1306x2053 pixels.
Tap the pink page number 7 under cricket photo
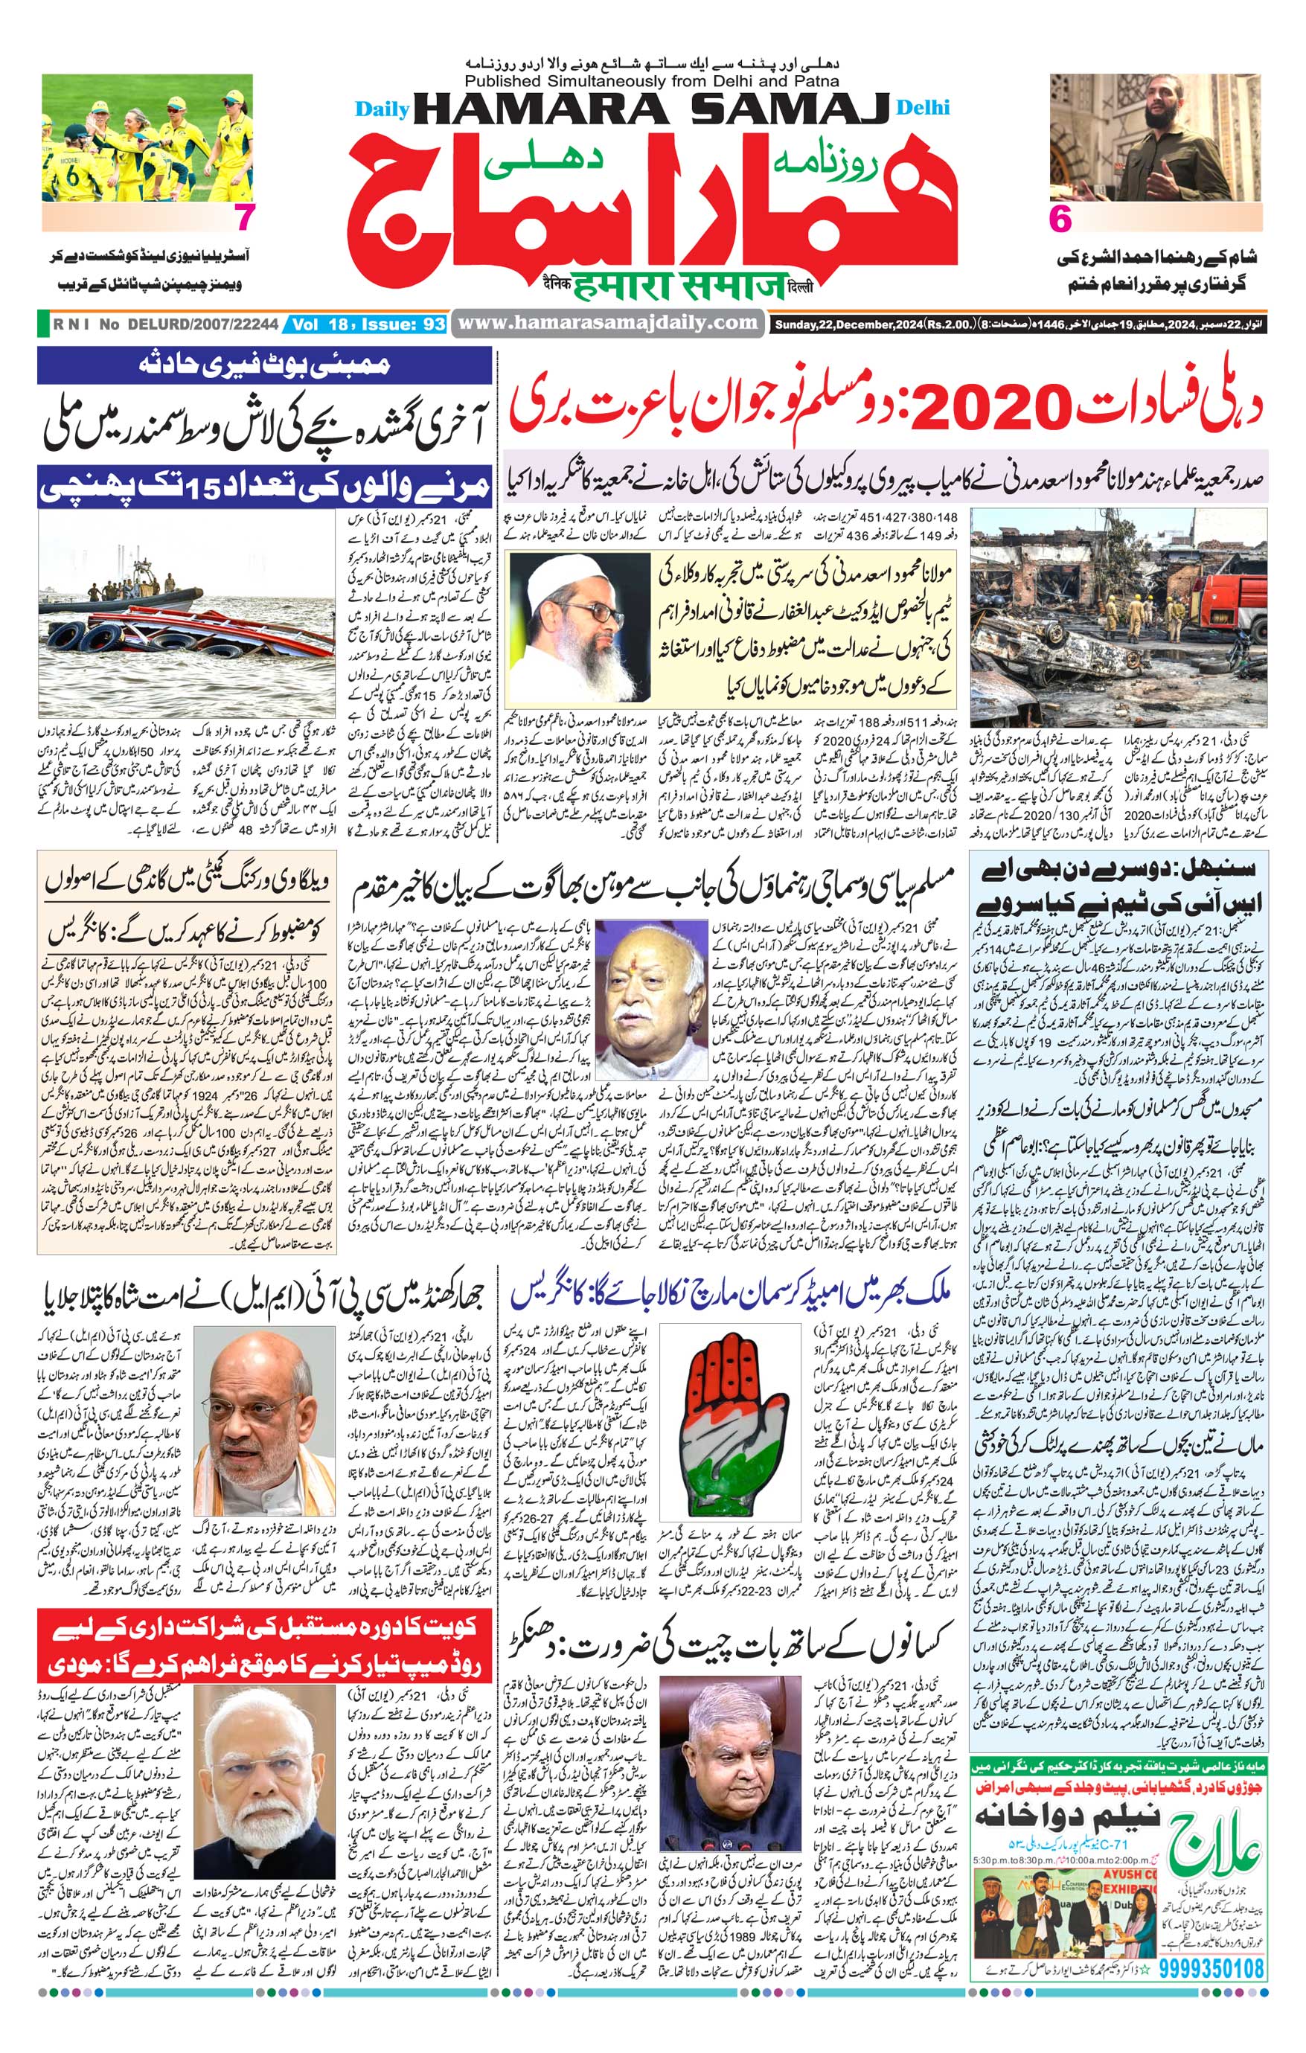(x=244, y=218)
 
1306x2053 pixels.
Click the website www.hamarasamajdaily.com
(x=608, y=323)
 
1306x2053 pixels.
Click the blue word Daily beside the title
(x=382, y=109)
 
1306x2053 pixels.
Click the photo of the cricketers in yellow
(x=147, y=138)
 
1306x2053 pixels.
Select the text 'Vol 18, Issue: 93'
(x=368, y=324)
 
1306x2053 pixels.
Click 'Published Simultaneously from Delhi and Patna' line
(x=652, y=82)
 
